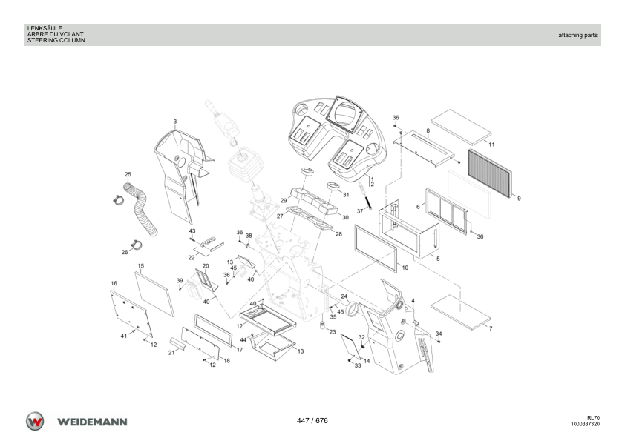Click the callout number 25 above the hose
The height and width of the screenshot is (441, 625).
pos(128,174)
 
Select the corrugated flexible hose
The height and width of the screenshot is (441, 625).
pos(141,208)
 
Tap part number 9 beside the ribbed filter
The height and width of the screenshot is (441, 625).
pos(519,198)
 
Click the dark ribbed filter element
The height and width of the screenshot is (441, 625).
pos(489,173)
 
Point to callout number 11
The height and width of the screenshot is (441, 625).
pos(491,145)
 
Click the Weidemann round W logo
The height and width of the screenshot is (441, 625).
pos(35,421)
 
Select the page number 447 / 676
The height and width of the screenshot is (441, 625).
pos(312,421)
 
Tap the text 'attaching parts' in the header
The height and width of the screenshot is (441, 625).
pos(577,35)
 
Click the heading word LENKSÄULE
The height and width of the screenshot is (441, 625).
pos(45,28)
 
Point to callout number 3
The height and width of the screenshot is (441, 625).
pos(174,122)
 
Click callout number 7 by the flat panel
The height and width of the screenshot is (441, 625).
pos(491,328)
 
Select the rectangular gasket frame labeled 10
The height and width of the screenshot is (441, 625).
pos(376,248)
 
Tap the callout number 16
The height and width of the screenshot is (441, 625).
pos(114,283)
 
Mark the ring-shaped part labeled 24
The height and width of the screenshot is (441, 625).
pos(353,310)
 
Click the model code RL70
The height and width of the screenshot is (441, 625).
pos(593,418)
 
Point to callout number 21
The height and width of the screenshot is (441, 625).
pos(171,352)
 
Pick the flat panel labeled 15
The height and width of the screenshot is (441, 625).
pos(154,294)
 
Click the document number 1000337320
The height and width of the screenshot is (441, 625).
pos(585,424)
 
